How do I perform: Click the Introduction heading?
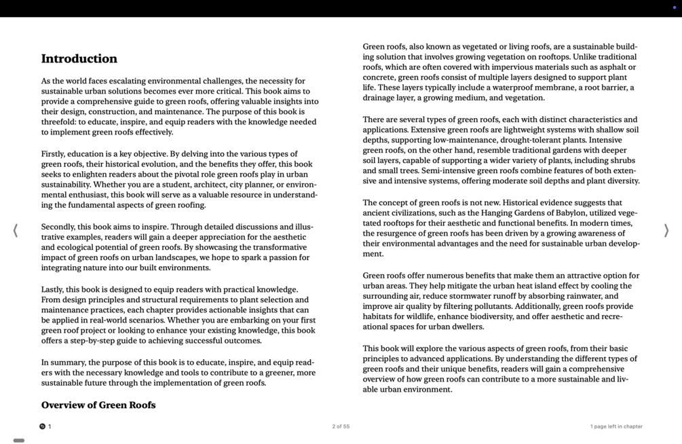tap(79, 58)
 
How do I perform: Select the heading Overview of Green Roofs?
tap(98, 405)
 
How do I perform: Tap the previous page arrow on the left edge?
tap(15, 231)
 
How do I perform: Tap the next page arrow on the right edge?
tap(666, 231)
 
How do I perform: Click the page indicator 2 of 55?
tap(341, 426)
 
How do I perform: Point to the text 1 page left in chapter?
tap(616, 426)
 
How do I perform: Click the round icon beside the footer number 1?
tap(42, 426)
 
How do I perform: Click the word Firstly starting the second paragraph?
tap(55, 154)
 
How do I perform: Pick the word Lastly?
tap(52, 289)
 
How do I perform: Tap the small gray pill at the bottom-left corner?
tap(19, 441)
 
